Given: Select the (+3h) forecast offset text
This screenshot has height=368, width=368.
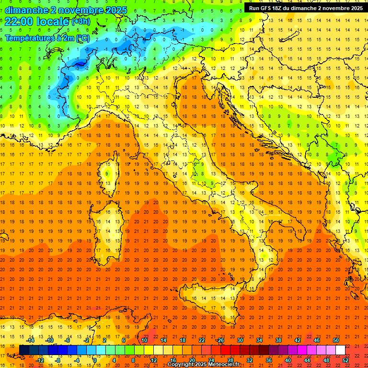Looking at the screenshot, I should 80,22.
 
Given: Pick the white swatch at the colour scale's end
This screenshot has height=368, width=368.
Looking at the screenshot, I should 340,350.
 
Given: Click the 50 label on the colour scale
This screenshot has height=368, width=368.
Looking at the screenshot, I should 336,340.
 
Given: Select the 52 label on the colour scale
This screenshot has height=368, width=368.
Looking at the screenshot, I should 346,360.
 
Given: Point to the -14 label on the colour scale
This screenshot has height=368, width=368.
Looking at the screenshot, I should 30,340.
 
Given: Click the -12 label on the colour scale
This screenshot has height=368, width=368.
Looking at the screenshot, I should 40,360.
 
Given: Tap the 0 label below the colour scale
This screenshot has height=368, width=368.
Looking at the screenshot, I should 95,360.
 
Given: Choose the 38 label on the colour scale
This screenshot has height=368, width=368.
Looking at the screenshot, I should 278,340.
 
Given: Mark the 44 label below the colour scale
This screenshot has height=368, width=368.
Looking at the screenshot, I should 307,360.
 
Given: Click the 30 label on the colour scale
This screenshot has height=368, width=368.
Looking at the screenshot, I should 240,340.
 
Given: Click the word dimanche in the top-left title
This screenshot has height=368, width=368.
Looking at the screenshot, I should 26,10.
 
